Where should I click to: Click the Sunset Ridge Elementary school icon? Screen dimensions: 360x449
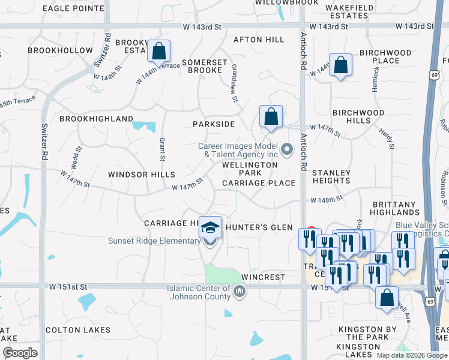(210, 228)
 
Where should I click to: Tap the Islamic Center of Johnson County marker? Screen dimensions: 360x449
(240, 292)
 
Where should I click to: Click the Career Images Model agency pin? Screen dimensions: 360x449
(287, 149)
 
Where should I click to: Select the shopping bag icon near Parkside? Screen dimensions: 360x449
(271, 116)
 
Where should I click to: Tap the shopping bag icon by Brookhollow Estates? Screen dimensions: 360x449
(159, 52)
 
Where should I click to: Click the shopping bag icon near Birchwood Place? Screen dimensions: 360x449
(340, 65)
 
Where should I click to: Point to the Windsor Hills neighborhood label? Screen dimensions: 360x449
(141, 175)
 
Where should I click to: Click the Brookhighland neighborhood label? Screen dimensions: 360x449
(96, 119)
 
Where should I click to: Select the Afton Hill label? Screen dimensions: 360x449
(258, 40)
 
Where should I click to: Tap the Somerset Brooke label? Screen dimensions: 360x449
(205, 66)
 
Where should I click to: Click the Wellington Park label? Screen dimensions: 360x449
(250, 169)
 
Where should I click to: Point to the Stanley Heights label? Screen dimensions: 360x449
(331, 176)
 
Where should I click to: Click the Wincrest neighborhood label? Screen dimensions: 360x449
(263, 278)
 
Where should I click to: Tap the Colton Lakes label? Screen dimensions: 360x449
(78, 330)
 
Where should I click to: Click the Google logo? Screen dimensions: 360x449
(20, 353)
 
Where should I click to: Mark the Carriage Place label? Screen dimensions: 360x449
(258, 183)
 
